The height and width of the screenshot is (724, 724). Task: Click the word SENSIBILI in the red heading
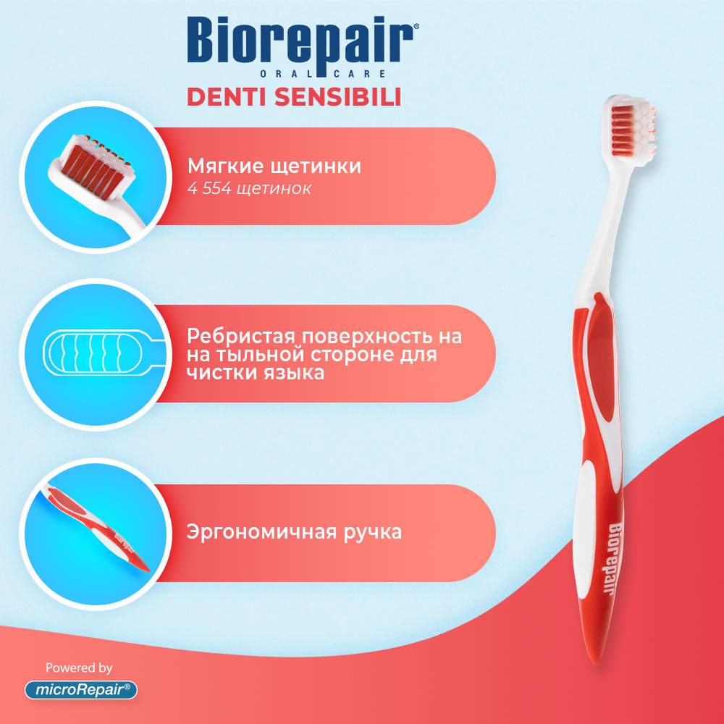click(337, 97)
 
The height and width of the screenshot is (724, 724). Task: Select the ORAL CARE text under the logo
click(323, 74)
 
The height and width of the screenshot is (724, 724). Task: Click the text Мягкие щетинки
click(274, 167)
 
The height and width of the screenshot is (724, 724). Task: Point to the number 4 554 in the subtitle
click(209, 188)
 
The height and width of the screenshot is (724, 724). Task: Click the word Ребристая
click(240, 337)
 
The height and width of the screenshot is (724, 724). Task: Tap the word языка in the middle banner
click(294, 374)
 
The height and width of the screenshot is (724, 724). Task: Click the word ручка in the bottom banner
click(373, 533)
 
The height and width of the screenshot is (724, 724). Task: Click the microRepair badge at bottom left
click(81, 690)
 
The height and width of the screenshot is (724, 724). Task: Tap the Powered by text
click(79, 668)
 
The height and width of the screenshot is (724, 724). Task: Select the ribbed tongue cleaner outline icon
click(104, 353)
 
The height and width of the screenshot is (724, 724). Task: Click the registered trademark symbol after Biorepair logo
click(416, 28)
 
